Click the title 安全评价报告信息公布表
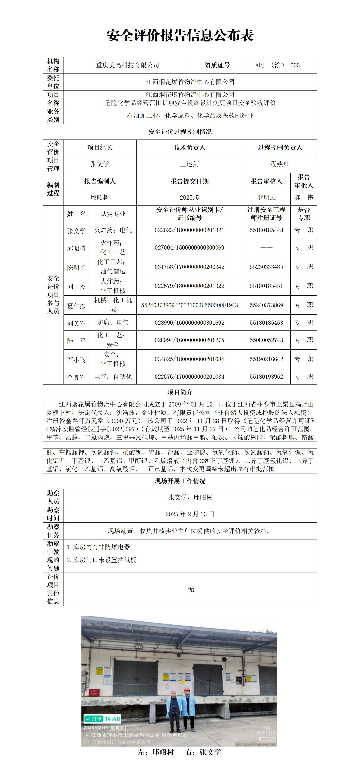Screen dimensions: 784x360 pyautogui.click(x=180, y=36)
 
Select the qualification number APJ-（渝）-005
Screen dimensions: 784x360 pyautogui.click(x=277, y=65)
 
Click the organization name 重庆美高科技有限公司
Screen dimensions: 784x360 pyautogui.click(x=128, y=65)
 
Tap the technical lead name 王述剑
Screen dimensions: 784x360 pyautogui.click(x=189, y=164)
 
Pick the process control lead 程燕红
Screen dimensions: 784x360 pyautogui.click(x=280, y=164)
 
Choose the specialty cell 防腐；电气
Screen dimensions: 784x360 pyautogui.click(x=113, y=323)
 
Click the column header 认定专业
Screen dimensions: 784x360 pyautogui.click(x=113, y=214)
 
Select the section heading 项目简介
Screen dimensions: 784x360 pyautogui.click(x=180, y=392)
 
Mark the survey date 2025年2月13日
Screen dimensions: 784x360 pyautogui.click(x=190, y=514)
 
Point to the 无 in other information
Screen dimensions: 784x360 pyautogui.click(x=191, y=590)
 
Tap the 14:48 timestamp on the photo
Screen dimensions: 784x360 pyautogui.click(x=112, y=719)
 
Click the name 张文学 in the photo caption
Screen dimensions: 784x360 pyautogui.click(x=210, y=752)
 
